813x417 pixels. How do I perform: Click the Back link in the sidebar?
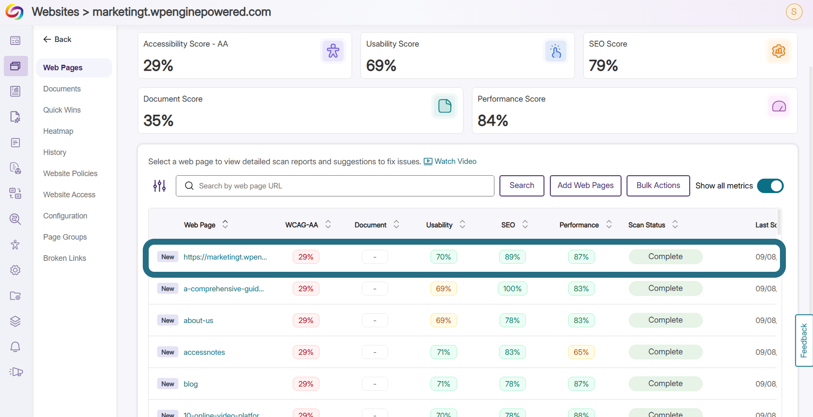[x=57, y=39]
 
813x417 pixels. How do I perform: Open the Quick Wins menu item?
[x=62, y=110]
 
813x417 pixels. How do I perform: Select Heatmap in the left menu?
[x=58, y=131]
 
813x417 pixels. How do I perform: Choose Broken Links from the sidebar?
[x=64, y=258]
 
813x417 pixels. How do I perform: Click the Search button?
[x=522, y=185]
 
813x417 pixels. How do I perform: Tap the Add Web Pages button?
[x=585, y=185]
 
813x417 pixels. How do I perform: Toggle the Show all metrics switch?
[x=770, y=186]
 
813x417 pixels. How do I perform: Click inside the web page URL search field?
[x=335, y=186]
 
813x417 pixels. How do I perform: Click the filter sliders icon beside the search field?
[x=159, y=186]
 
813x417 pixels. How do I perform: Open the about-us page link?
[x=198, y=320]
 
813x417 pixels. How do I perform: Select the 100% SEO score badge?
[x=512, y=289]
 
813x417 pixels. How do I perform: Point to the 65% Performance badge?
[x=581, y=352]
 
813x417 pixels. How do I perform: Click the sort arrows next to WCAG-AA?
[x=328, y=224]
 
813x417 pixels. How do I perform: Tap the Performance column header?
[x=579, y=225]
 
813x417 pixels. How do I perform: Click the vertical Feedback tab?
[x=804, y=340]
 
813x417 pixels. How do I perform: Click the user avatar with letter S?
[x=794, y=12]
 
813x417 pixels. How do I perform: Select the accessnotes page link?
[x=204, y=352]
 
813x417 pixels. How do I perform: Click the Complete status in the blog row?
[x=665, y=384]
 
